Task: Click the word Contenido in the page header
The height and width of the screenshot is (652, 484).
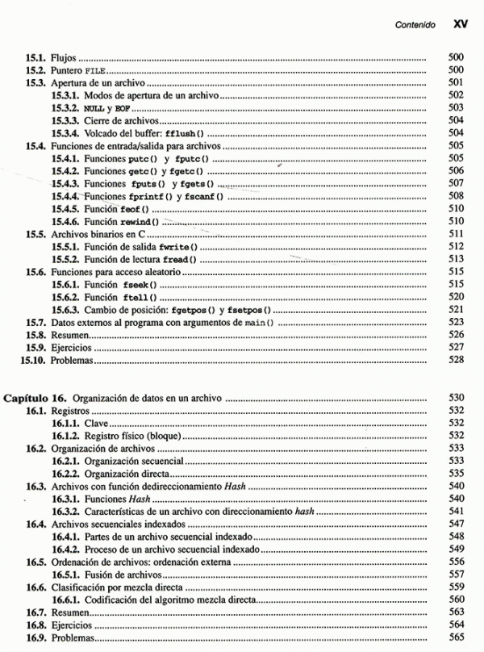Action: coord(415,25)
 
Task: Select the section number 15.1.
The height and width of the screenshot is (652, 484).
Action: coord(35,59)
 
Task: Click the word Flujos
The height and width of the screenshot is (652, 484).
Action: coord(60,59)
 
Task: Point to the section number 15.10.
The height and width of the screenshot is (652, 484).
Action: coord(33,359)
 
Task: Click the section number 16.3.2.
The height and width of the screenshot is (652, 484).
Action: coord(67,511)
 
